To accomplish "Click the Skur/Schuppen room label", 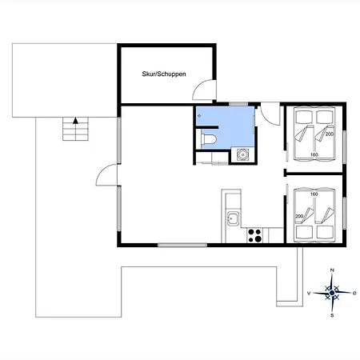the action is [x=164, y=74].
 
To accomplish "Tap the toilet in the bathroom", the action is [x=209, y=138].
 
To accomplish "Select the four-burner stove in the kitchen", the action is [x=254, y=235].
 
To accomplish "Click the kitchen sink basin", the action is [x=233, y=218].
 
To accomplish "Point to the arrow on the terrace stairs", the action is [x=76, y=121].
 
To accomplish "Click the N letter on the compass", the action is [x=332, y=270].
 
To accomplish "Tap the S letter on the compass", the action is [x=332, y=315].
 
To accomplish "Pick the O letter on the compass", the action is [x=354, y=293].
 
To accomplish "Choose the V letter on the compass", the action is [x=309, y=293].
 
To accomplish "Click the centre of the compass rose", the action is [x=332, y=293].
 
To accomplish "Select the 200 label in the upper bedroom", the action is [x=330, y=134].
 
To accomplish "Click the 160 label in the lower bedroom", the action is [x=314, y=194].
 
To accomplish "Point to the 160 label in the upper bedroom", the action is [x=314, y=154].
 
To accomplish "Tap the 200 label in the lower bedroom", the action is [x=299, y=216].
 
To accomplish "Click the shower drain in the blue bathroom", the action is [x=199, y=116].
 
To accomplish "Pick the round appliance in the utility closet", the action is [x=242, y=154].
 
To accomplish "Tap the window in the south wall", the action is [x=182, y=245].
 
